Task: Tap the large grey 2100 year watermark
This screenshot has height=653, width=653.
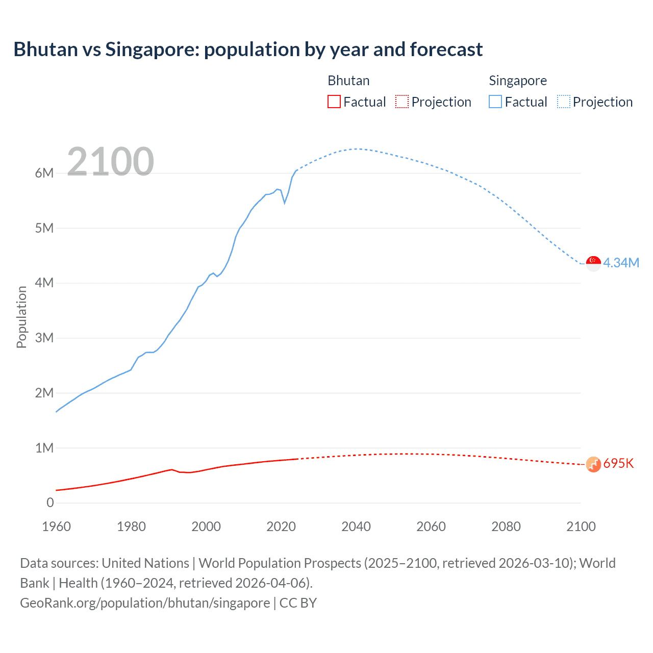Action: point(110,162)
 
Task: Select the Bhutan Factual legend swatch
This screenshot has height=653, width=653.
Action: point(334,102)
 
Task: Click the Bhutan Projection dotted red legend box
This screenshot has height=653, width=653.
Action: point(402,102)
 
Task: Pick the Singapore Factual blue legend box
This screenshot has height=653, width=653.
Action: point(495,102)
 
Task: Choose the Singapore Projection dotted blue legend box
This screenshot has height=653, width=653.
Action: point(563,102)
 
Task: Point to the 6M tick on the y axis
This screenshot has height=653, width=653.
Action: point(44,173)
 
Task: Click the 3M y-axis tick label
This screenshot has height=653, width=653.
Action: point(44,338)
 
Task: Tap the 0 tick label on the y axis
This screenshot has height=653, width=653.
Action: point(50,503)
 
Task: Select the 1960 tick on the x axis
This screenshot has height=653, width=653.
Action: point(56,526)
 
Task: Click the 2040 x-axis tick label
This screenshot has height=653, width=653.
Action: point(356,526)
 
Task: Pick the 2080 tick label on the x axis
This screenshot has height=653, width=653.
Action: point(506,526)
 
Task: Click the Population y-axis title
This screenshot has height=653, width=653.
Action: point(21,317)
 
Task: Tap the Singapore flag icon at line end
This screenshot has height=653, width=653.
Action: point(593,263)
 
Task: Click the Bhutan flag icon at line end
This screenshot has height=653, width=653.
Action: point(593,464)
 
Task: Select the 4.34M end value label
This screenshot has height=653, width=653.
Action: point(621,263)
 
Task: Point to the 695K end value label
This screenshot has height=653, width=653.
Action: point(618,463)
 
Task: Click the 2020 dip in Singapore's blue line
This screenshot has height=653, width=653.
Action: point(285,203)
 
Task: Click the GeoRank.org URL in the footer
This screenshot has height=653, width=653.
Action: point(145,602)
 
